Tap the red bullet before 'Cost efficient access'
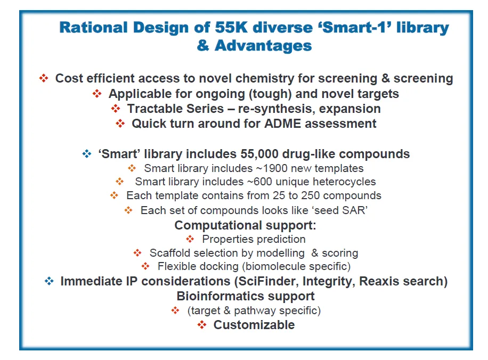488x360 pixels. coord(44,78)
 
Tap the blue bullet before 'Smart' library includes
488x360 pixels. coord(86,154)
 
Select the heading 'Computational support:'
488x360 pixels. coord(245,225)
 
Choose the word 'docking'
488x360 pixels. coord(216,266)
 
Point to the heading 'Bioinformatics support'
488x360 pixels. coord(245,296)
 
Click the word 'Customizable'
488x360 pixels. coord(254,324)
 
